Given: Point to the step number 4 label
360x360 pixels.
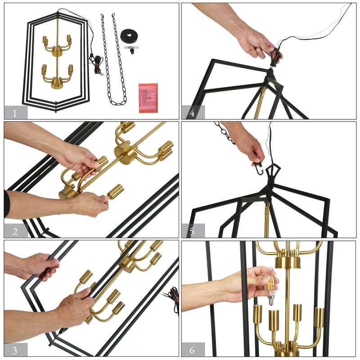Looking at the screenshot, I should pos(193,112).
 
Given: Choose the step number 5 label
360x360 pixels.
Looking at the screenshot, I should pos(193,231).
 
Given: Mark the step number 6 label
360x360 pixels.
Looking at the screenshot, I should pos(193,349).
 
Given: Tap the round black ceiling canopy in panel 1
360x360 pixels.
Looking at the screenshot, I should pos(131,35).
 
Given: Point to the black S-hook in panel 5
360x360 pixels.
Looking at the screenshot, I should pos(258,169).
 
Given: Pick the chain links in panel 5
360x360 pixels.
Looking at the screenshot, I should pos(225,133).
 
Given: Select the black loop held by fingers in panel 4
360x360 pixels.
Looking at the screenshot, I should pos(275,57).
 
